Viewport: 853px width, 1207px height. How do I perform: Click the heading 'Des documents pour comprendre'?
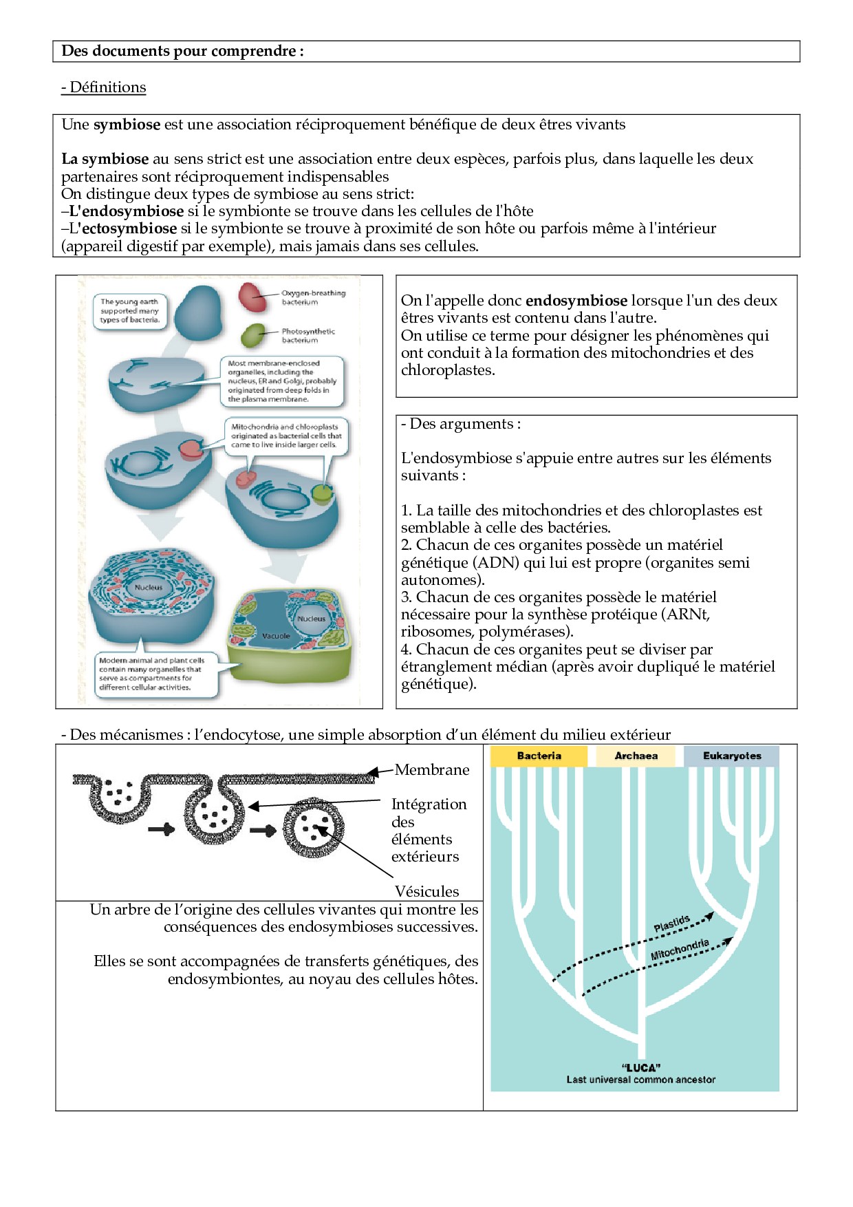pos(182,51)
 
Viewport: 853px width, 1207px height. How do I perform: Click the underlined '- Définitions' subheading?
pos(103,87)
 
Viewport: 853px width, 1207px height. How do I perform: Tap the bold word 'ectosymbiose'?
pos(129,228)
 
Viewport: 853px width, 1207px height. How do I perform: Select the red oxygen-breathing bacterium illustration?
pos(252,297)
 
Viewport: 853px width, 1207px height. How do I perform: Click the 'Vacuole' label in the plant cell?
pos(276,636)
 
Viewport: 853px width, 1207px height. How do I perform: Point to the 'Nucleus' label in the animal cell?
pos(149,587)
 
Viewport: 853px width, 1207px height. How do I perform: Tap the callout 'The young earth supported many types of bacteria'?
pos(130,310)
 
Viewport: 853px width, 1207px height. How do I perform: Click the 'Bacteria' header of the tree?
pos(539,756)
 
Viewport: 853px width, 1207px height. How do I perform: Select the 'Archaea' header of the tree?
pos(636,756)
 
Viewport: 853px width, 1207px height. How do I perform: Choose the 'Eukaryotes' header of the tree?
pos(732,756)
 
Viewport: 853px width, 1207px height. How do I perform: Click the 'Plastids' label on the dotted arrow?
pos(671,923)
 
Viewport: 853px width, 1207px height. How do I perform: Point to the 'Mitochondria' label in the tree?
pos(680,950)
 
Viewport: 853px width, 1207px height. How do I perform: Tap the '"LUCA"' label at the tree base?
pos(640,1067)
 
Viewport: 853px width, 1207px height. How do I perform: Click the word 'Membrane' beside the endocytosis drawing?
pos(432,770)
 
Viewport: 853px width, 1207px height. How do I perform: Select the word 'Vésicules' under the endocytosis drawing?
pos(426,892)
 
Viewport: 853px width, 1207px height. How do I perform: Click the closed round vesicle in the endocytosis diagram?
pos(314,828)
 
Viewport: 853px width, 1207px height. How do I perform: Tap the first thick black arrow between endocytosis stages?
pos(162,830)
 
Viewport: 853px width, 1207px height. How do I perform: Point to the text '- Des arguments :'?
pos(461,424)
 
